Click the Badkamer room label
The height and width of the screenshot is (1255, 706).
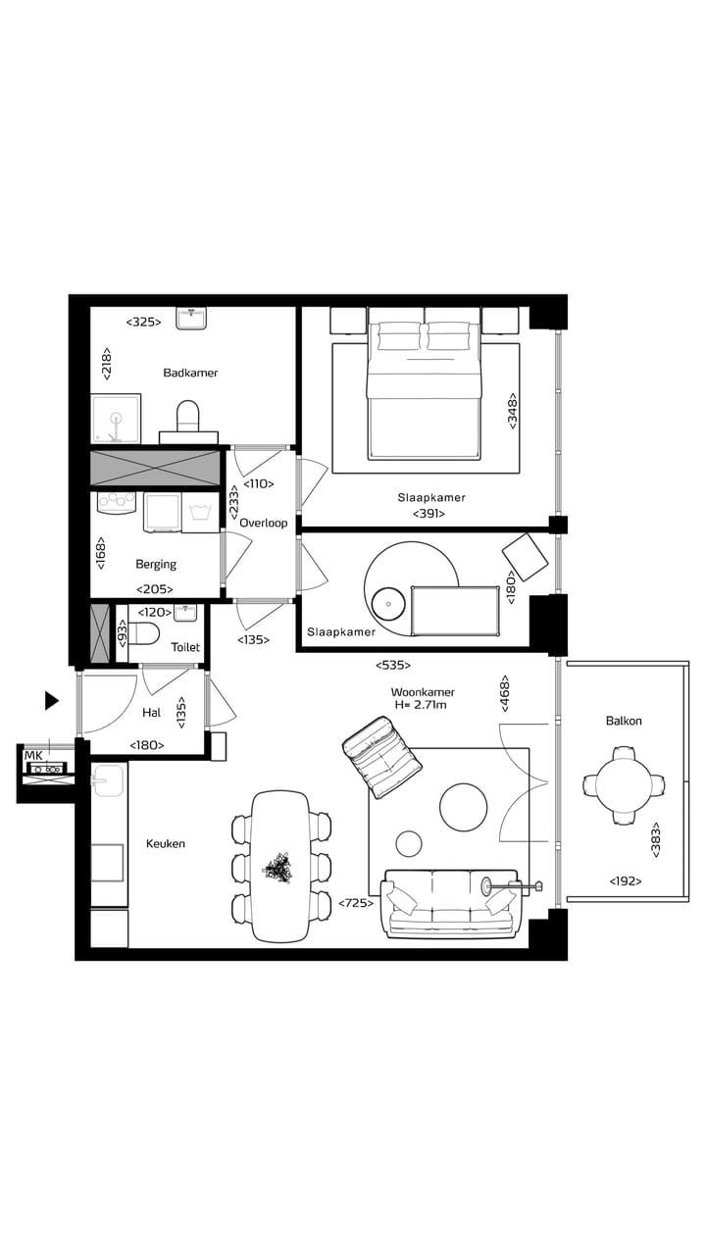pyautogui.click(x=190, y=373)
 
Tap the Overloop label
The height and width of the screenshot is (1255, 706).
pyautogui.click(x=263, y=523)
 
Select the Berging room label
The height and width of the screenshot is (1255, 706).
pyautogui.click(x=156, y=564)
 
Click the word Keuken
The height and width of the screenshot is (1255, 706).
pyautogui.click(x=166, y=843)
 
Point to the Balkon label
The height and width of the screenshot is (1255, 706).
pyautogui.click(x=624, y=721)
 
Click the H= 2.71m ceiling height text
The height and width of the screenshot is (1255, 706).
pyautogui.click(x=423, y=705)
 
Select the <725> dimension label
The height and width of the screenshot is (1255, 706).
pyautogui.click(x=356, y=903)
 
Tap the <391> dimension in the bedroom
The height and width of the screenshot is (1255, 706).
pyautogui.click(x=428, y=513)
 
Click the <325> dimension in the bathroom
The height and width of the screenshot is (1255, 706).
pyautogui.click(x=143, y=322)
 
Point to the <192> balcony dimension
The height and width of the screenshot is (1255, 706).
pyautogui.click(x=625, y=881)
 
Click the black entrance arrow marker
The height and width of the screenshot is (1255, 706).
pyautogui.click(x=52, y=700)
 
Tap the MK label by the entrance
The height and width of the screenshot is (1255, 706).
pyautogui.click(x=33, y=755)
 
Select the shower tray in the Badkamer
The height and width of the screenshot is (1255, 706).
pyautogui.click(x=116, y=421)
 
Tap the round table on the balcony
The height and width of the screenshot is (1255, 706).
pyautogui.click(x=624, y=784)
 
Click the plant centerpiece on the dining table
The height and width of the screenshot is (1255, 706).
pyautogui.click(x=279, y=868)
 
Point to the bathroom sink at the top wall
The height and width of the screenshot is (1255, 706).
pyautogui.click(x=191, y=318)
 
